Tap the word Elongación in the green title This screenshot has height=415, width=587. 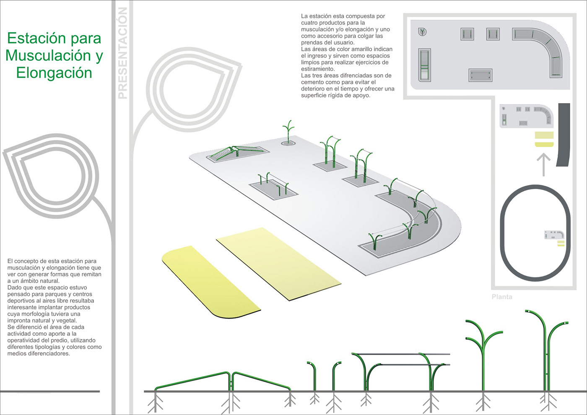pyautogui.click(x=54, y=73)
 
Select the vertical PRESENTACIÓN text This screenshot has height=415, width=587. pyautogui.click(x=122, y=53)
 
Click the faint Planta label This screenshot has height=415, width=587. pyautogui.click(x=502, y=297)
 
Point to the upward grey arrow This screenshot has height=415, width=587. pyautogui.click(x=543, y=164)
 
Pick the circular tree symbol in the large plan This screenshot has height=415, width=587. pyautogui.click(x=423, y=31)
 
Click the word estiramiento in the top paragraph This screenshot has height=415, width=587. pyautogui.click(x=318, y=69)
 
